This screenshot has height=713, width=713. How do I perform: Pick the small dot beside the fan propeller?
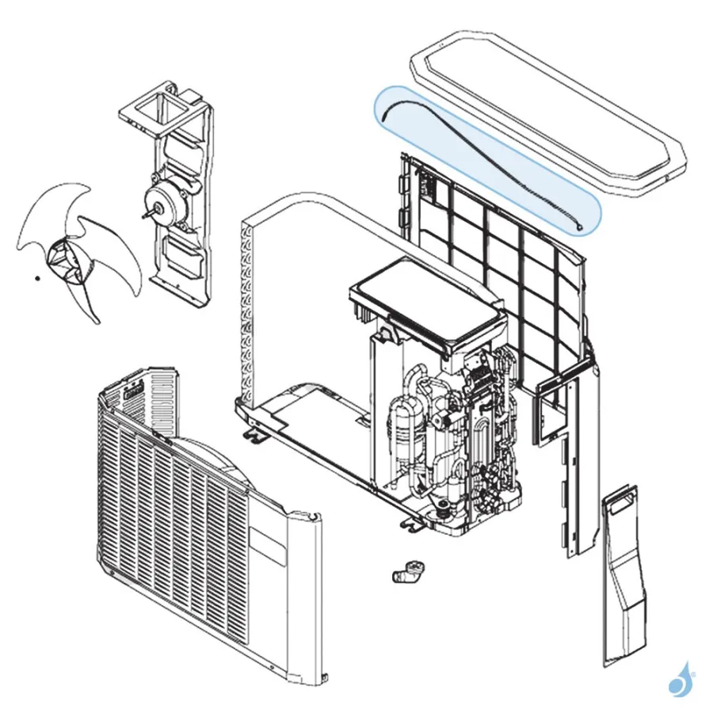pos(36,278)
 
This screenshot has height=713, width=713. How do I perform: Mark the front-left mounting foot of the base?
pos(255,435)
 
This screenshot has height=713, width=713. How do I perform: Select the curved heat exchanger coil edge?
pos(247,309)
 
